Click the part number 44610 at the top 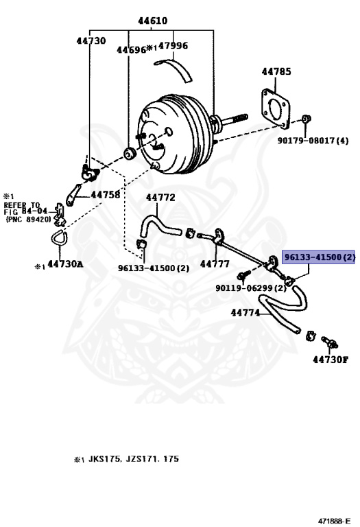coord(152,21)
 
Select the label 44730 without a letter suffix coord(91,40)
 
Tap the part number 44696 coord(131,49)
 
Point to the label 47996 coord(173,45)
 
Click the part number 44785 coord(276,71)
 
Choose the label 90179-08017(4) coord(313,140)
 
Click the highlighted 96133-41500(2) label coord(318,257)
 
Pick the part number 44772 coord(160,198)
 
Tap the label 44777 coord(215,263)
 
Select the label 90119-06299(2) coord(251,288)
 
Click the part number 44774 coord(245,313)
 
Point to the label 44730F coord(331,360)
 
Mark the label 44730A coord(65,264)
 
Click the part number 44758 coord(106,195)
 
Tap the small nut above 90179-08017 coord(306,119)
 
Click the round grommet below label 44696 coord(130,153)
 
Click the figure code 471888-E coord(335,521)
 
